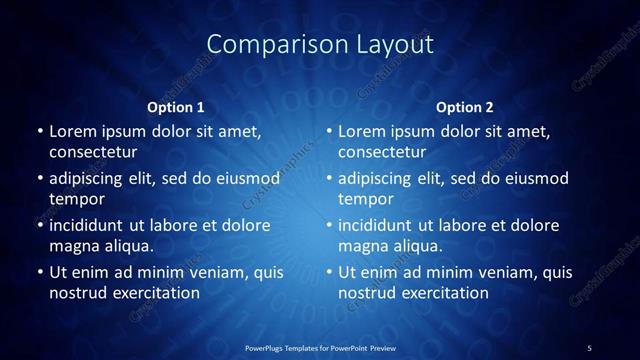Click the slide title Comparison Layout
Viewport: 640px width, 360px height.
point(320,44)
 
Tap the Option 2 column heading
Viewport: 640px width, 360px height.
point(464,107)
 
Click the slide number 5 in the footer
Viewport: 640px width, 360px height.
point(590,347)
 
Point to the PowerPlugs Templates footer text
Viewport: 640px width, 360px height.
point(320,347)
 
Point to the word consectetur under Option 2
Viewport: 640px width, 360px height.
point(382,152)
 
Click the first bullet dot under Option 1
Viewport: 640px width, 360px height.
point(40,131)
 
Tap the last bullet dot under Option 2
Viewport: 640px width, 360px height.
point(329,272)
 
